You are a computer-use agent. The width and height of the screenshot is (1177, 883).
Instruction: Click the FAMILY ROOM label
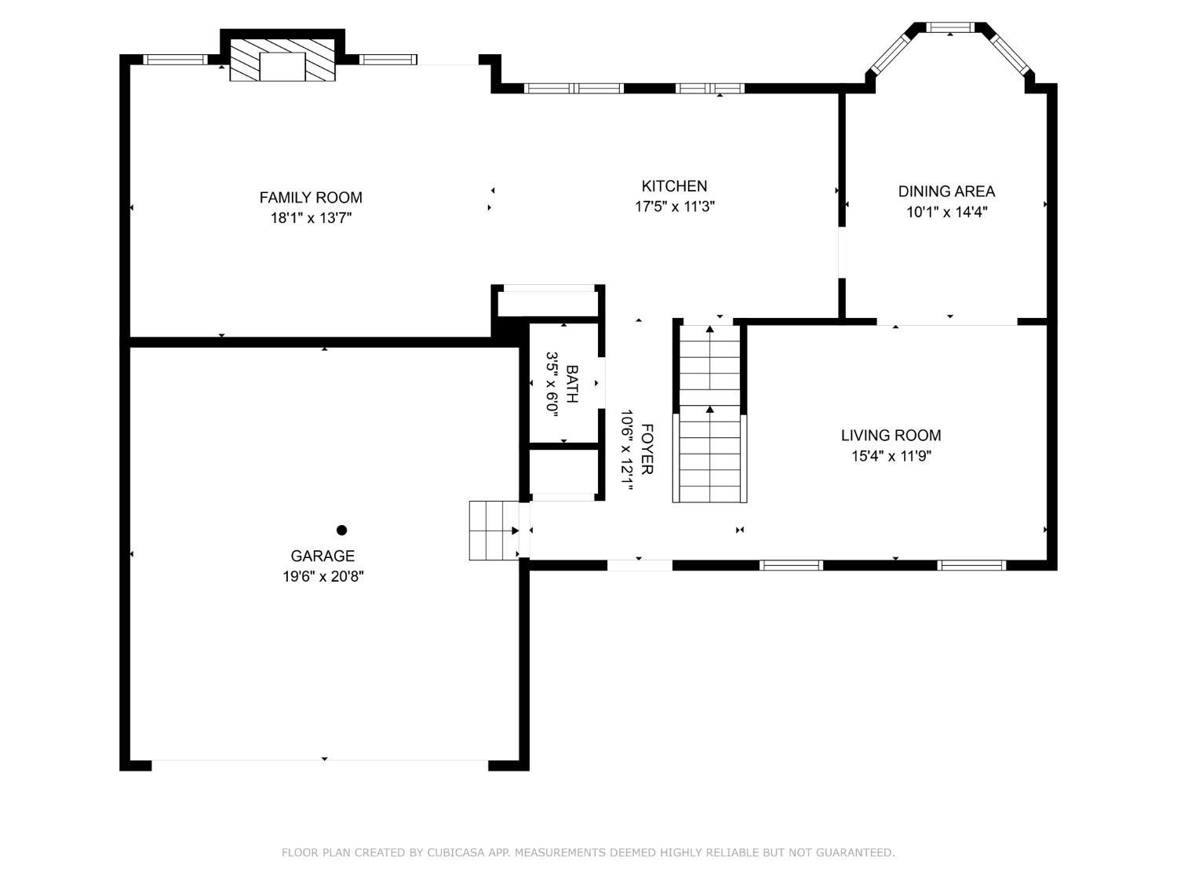point(311,198)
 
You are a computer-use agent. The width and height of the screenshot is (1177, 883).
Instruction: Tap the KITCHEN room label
point(674,186)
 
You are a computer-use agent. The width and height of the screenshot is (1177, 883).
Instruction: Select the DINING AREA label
point(946,191)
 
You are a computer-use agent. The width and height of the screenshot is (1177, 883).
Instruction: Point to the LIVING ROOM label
point(891,435)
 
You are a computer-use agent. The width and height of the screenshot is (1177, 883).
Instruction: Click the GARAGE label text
point(322,556)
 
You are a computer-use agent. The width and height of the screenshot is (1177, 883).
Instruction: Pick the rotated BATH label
point(572,384)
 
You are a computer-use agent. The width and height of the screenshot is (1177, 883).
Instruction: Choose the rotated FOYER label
point(647,449)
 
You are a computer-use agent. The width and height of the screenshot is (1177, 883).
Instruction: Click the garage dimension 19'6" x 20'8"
point(322,577)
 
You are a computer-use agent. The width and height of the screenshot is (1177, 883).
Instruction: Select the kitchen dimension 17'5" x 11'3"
point(674,206)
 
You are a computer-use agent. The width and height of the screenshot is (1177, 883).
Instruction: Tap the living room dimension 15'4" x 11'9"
point(891,456)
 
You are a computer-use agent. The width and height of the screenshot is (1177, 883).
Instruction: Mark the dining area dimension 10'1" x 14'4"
point(946,212)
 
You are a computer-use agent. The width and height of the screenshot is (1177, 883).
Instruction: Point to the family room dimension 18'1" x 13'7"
point(311,218)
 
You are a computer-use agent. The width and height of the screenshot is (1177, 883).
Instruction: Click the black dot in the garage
point(341,530)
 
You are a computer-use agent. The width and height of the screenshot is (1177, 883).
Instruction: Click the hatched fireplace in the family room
point(282,60)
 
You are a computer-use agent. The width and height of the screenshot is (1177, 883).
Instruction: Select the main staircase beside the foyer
point(710,412)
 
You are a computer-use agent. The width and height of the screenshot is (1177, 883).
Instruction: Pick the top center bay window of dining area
point(950,27)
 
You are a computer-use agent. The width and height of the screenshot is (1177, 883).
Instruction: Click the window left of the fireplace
point(175,59)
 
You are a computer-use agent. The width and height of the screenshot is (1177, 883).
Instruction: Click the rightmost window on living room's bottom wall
point(971,565)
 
